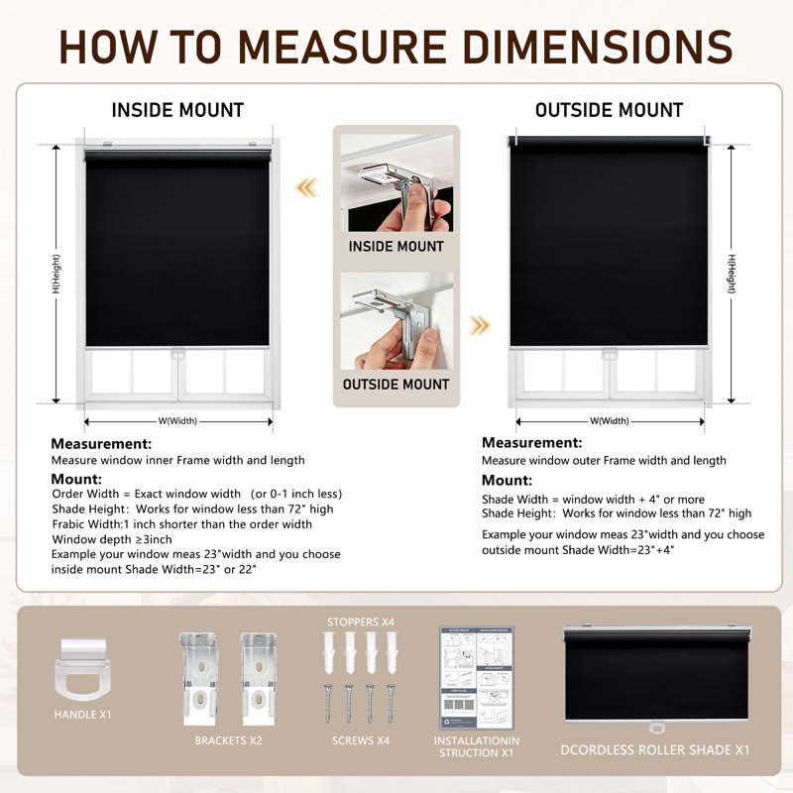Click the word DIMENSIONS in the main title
click(598, 47)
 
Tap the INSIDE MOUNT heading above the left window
click(177, 110)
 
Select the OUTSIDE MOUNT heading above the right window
click(609, 110)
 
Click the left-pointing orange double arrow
click(307, 187)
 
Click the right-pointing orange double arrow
click(479, 325)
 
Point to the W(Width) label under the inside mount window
click(177, 420)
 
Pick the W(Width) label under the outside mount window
click(610, 420)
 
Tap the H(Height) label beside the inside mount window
click(57, 274)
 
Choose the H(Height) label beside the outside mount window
click(732, 274)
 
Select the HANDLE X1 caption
click(82, 715)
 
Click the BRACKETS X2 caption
click(229, 740)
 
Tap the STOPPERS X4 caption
click(361, 623)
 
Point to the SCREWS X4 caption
click(361, 740)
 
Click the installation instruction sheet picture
click(477, 678)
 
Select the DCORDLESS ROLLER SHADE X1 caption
click(655, 750)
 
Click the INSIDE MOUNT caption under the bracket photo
click(396, 246)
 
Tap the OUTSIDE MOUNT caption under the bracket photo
click(396, 385)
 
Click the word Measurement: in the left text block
click(101, 444)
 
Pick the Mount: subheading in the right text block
click(507, 480)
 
